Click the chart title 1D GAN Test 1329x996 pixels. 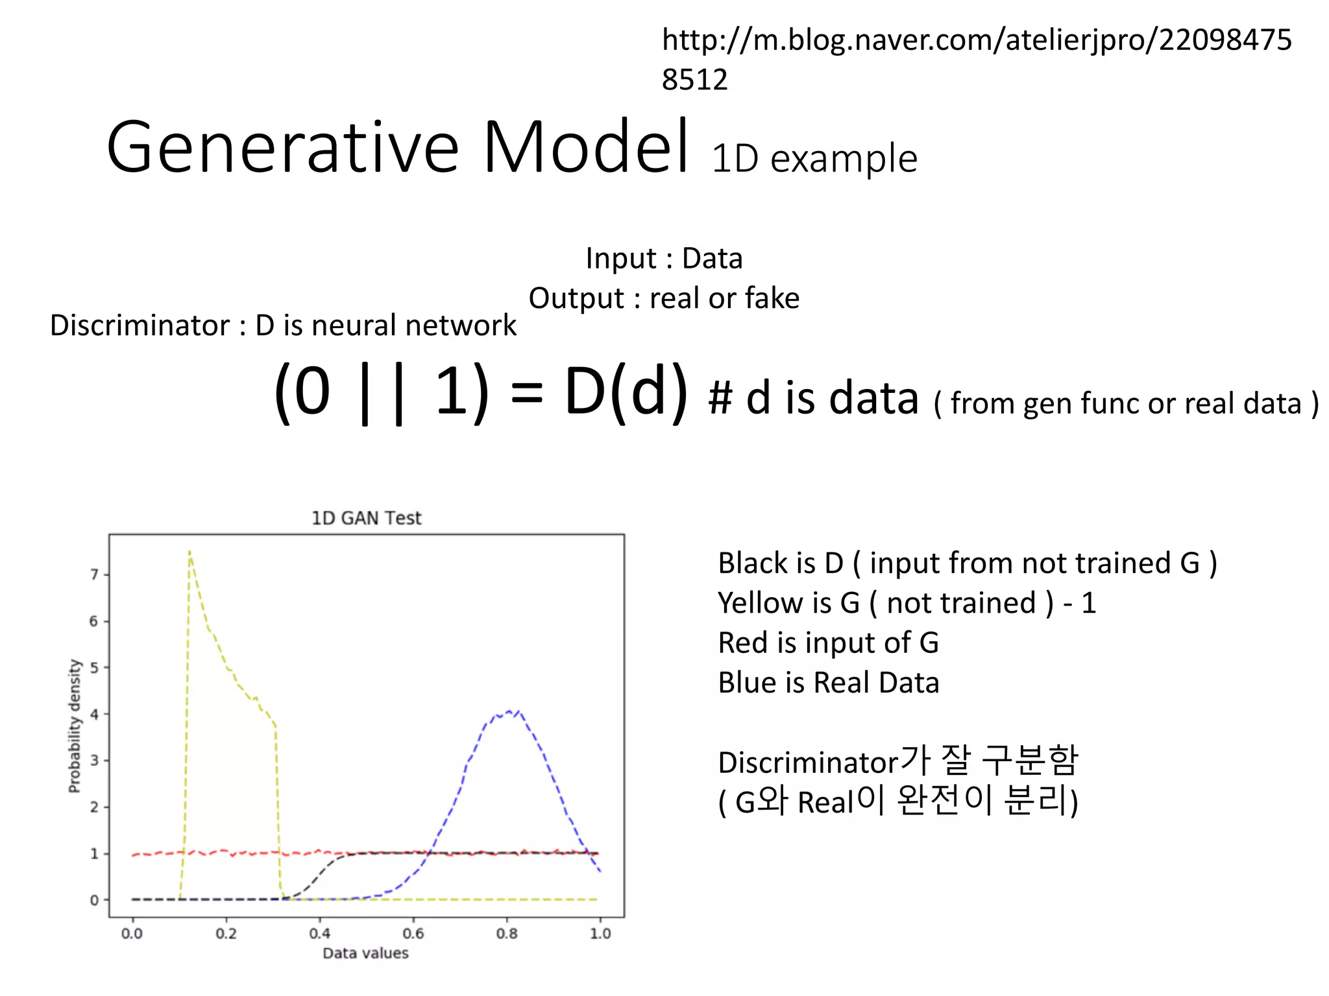tap(366, 518)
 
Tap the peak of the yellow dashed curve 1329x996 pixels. tap(189, 552)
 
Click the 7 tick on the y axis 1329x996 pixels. tap(95, 575)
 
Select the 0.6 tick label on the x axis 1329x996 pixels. tap(413, 934)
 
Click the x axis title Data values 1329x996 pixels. tap(365, 953)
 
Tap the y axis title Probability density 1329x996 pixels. tap(75, 726)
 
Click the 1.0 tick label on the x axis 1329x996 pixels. tap(600, 934)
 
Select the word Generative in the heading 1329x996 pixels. tap(283, 148)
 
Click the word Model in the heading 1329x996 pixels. tap(585, 148)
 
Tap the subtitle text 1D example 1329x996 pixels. tap(814, 159)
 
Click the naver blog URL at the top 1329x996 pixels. tap(976, 58)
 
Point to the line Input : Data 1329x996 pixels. tap(664, 259)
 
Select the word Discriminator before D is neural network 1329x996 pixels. tap(140, 326)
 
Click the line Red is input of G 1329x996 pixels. tap(828, 643)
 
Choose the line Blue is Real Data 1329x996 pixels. tap(828, 683)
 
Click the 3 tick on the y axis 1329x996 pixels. tap(95, 761)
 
